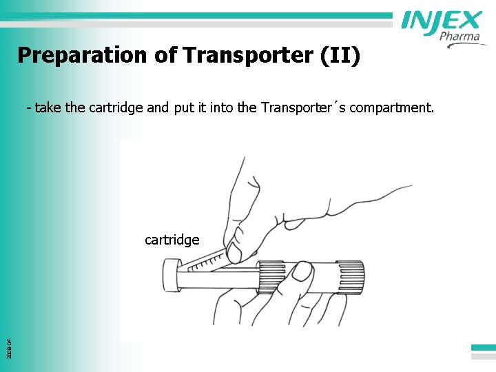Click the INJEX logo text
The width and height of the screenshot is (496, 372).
[x=442, y=21]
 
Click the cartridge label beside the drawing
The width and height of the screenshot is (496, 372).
[x=172, y=240]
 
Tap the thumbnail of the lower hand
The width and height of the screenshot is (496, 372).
[x=301, y=270]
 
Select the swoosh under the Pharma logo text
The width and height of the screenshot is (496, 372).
[x=466, y=45]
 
